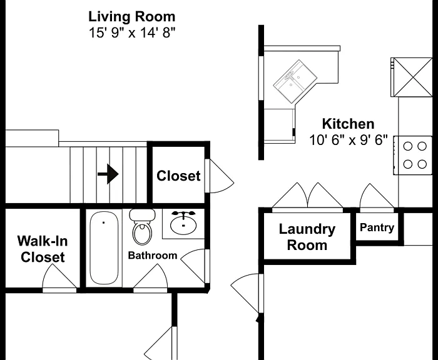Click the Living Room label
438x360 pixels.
click(132, 17)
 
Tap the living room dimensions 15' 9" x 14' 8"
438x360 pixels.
click(132, 32)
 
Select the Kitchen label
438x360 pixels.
click(348, 124)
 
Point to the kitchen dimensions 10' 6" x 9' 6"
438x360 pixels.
click(349, 140)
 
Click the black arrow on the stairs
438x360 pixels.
click(108, 174)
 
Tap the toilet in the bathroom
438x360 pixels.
click(142, 227)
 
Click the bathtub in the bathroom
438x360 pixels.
click(104, 248)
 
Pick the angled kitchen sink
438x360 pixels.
click(295, 81)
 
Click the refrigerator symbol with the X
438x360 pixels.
click(412, 77)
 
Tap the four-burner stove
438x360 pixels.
click(413, 155)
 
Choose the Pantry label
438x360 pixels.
click(377, 227)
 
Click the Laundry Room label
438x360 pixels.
click(307, 237)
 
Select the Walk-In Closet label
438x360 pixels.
click(43, 249)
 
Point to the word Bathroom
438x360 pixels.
click(153, 256)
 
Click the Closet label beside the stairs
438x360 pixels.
click(178, 176)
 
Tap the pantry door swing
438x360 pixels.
click(377, 196)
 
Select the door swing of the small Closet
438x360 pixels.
click(221, 176)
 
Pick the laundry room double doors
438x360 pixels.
click(308, 196)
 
